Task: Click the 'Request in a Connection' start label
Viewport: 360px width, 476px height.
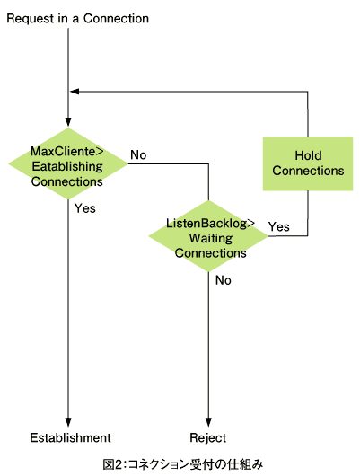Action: tap(78, 19)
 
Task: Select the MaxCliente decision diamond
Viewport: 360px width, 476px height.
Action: tap(68, 163)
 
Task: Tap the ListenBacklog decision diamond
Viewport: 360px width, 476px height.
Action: tap(208, 236)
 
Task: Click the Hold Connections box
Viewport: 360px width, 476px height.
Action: tap(308, 163)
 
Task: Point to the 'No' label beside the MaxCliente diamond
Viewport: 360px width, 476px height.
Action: tap(138, 154)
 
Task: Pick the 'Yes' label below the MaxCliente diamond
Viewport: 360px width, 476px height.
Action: tap(85, 208)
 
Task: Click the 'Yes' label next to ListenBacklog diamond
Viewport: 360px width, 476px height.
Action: tap(278, 226)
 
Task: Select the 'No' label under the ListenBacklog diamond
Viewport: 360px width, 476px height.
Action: tap(224, 280)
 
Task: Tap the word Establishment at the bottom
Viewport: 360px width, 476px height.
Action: tap(70, 437)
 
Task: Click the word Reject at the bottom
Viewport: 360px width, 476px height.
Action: tap(208, 438)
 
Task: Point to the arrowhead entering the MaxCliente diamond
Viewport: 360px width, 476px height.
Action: tap(68, 122)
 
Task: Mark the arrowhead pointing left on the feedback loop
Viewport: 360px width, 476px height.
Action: tap(75, 92)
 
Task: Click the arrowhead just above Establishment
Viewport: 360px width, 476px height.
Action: tap(68, 422)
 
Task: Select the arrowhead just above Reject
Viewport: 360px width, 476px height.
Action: tap(208, 422)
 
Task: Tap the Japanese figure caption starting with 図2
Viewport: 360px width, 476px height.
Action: tap(183, 464)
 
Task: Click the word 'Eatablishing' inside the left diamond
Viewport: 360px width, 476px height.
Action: tap(67, 166)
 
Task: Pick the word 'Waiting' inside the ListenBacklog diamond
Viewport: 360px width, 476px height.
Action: tap(211, 238)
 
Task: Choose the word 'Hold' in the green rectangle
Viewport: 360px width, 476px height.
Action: tap(309, 155)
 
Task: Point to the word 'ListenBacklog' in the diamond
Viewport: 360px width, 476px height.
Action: tap(206, 223)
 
